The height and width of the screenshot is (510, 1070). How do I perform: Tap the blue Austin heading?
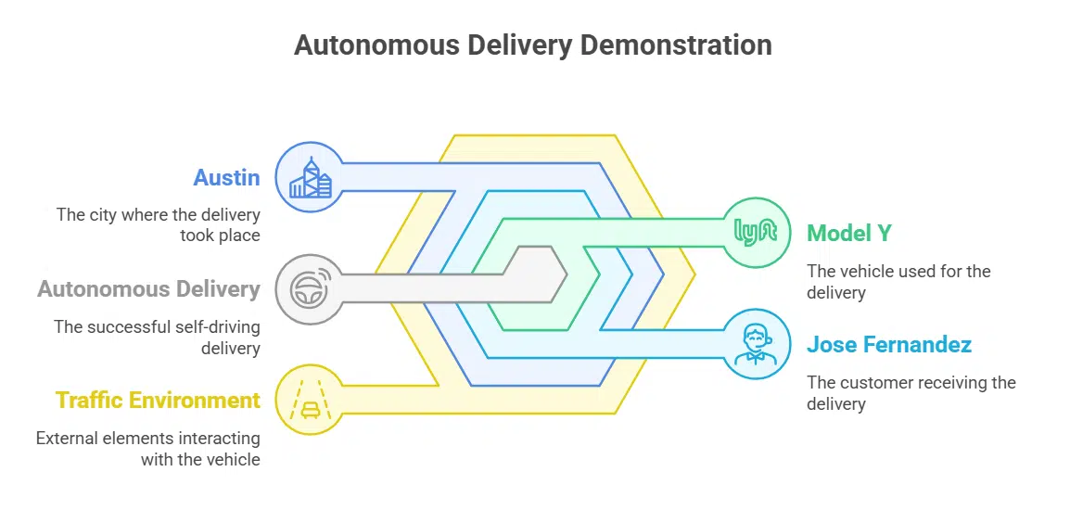(x=226, y=177)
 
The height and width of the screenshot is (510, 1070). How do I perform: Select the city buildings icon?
(x=310, y=177)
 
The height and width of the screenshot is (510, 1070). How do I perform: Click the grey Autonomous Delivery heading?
(x=148, y=289)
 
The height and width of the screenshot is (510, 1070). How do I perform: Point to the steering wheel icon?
(x=310, y=289)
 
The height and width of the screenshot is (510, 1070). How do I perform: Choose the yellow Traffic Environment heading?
(x=158, y=401)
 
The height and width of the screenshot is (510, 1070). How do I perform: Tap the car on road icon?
(x=310, y=401)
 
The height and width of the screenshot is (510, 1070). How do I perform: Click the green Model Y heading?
(x=848, y=233)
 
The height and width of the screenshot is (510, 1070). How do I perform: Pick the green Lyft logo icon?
(x=756, y=232)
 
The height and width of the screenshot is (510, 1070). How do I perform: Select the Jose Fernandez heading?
(x=888, y=345)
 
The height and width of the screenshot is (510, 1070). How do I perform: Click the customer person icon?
(x=756, y=345)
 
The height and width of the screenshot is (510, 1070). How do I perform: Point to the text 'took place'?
(x=220, y=236)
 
